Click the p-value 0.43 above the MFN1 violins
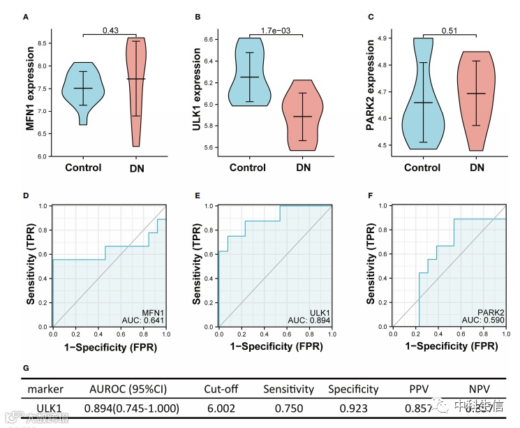click(x=110, y=30)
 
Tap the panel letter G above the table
click(x=26, y=367)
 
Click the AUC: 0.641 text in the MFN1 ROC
click(x=145, y=320)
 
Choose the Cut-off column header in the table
click(x=223, y=389)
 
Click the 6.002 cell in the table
click(x=223, y=407)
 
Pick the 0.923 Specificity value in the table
click(x=352, y=407)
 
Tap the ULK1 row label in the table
click(x=45, y=407)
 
